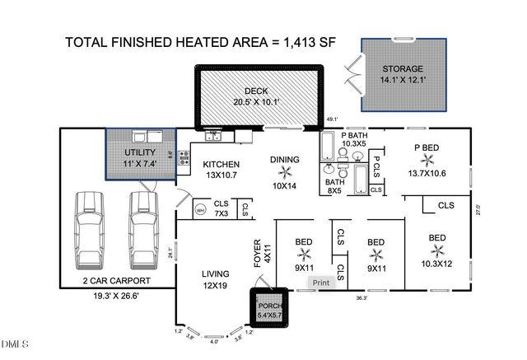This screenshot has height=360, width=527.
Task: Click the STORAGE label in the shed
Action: (x=403, y=69)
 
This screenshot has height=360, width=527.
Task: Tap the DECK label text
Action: (x=258, y=91)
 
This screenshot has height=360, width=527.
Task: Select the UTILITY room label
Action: (x=139, y=152)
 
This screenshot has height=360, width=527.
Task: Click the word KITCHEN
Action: (x=222, y=164)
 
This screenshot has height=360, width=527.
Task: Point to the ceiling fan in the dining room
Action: (x=286, y=171)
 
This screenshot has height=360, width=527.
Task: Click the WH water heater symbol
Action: (x=200, y=210)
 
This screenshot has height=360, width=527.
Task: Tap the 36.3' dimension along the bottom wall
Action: (x=361, y=298)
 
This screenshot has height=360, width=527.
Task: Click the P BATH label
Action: (x=354, y=134)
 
